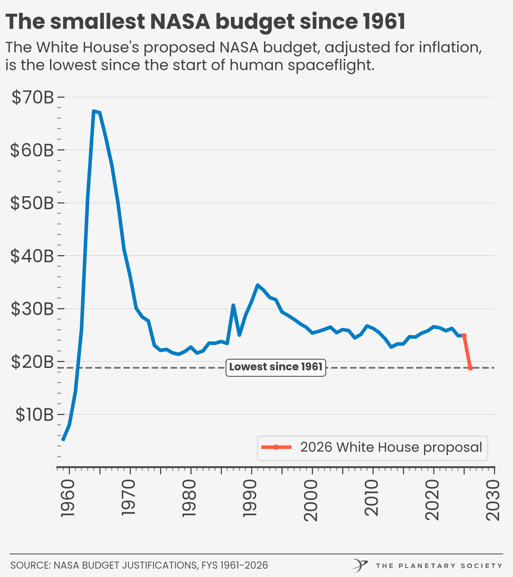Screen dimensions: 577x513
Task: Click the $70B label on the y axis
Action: (32, 97)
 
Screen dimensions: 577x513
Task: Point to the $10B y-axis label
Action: (34, 415)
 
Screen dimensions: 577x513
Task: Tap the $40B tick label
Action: (32, 256)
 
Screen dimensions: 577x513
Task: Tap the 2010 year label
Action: (371, 498)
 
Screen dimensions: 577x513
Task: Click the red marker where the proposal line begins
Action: (464, 336)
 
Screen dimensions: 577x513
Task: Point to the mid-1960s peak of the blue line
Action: (94, 111)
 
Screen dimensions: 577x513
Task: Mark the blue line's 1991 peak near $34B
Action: (257, 285)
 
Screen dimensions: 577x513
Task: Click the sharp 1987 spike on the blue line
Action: (233, 305)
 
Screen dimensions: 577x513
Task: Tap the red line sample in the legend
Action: (276, 447)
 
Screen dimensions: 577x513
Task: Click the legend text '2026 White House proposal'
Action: (391, 447)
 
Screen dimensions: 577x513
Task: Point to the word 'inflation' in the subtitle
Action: (450, 47)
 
